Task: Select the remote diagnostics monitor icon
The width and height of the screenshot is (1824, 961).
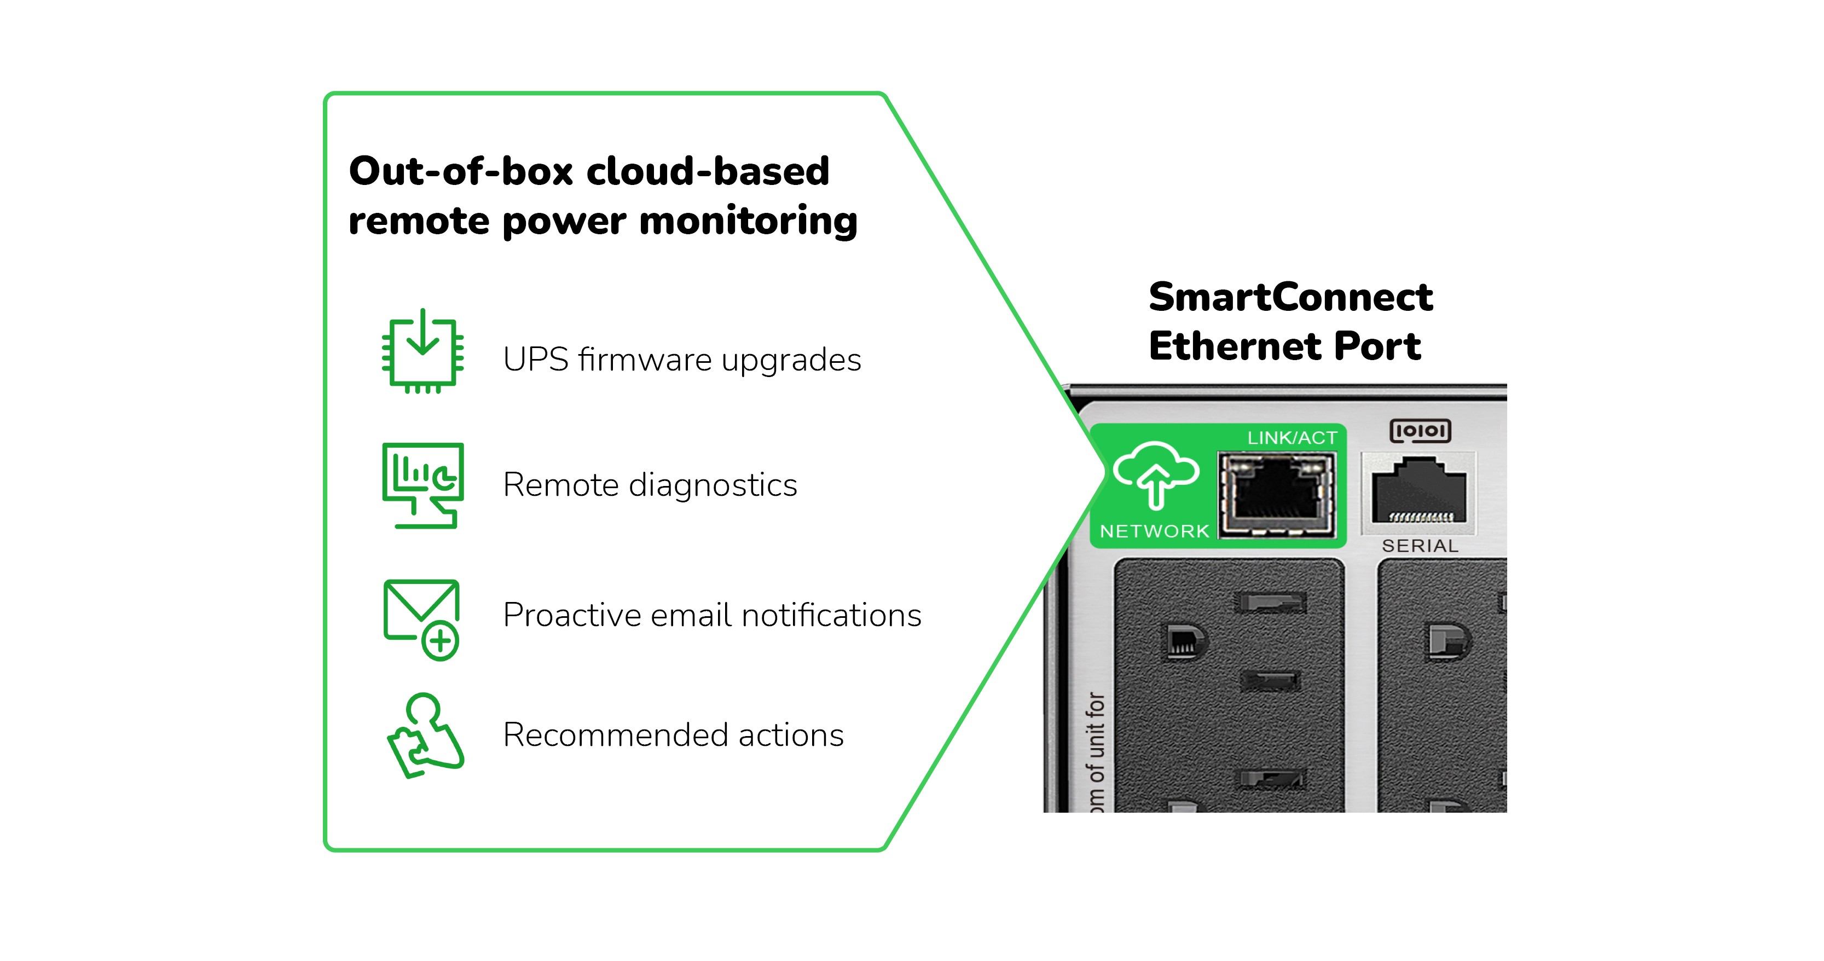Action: coord(422,485)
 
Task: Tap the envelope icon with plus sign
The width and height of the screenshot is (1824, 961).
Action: coord(422,619)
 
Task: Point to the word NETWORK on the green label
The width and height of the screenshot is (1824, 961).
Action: coord(1154,531)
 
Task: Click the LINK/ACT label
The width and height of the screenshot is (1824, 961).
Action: coord(1292,438)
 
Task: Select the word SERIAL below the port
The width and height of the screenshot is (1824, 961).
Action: coord(1420,546)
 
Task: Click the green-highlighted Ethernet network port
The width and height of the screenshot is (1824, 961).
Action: coord(1277,494)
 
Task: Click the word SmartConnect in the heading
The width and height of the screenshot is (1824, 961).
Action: coord(1290,297)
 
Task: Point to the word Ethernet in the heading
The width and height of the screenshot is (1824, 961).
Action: coord(1236,346)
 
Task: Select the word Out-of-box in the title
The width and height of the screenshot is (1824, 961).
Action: coord(460,171)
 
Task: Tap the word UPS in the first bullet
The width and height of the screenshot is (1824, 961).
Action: coord(535,360)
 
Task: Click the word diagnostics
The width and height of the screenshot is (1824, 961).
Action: coord(713,485)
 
